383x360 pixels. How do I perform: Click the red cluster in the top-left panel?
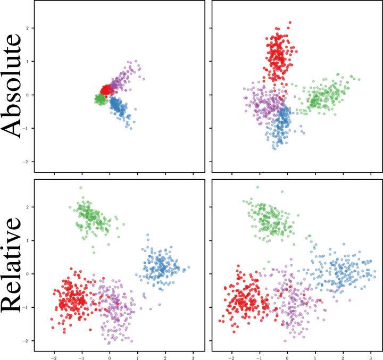click(106, 89)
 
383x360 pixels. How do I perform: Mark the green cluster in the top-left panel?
click(99, 99)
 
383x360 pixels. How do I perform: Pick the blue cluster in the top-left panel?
click(119, 107)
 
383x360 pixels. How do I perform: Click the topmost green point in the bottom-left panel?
click(80, 188)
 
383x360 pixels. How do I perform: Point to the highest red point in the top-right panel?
click(290, 23)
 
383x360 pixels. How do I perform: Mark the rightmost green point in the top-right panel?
click(359, 80)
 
